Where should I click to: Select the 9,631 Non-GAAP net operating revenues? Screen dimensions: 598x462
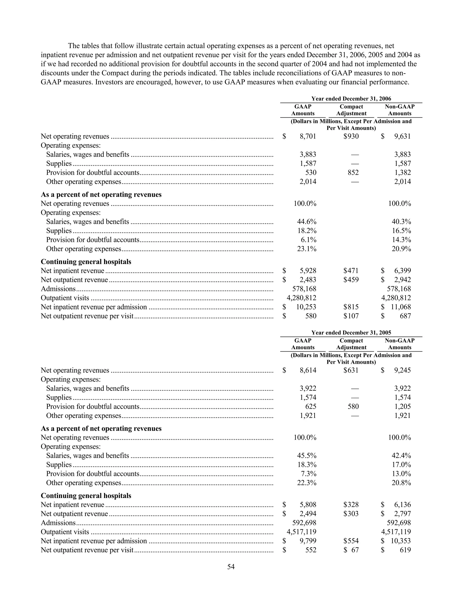(x=402, y=136)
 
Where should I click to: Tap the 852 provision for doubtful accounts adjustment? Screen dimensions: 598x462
(x=353, y=172)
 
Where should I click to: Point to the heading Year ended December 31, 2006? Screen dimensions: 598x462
(x=351, y=99)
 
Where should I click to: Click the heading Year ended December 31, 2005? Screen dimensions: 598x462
(x=351, y=333)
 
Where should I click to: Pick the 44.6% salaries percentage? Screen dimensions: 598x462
(x=307, y=222)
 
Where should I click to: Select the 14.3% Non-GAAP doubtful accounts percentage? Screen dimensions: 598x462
(x=401, y=240)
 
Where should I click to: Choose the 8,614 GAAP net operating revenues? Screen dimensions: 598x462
(x=308, y=370)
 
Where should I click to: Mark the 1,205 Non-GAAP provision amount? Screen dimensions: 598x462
(x=402, y=407)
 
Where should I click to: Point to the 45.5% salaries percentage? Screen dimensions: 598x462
(x=307, y=456)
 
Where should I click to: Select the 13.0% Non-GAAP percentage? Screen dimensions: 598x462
(x=401, y=474)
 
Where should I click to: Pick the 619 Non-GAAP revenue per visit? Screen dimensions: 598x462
(x=405, y=550)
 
